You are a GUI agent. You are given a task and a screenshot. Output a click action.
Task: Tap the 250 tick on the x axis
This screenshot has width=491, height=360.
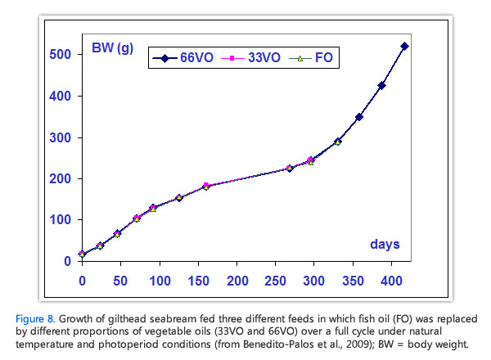click(276, 280)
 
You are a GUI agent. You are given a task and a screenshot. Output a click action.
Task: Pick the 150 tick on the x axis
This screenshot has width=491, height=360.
click(198, 280)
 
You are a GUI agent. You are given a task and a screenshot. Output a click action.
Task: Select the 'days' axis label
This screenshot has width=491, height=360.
click(384, 244)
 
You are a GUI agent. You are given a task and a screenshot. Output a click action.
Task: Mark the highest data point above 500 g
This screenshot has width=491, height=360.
click(404, 47)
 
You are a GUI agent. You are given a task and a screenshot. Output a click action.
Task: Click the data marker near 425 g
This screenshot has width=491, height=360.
click(381, 86)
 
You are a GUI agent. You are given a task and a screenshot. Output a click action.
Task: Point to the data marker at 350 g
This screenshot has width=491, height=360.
click(358, 117)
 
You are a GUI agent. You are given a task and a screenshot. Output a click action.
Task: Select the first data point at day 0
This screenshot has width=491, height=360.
click(82, 254)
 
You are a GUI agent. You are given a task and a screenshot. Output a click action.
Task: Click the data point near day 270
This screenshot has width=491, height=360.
click(290, 169)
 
